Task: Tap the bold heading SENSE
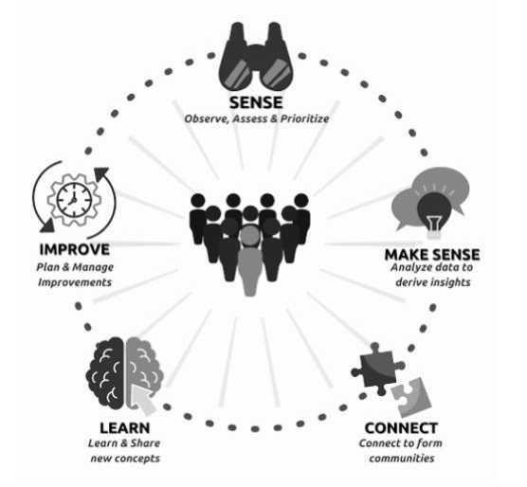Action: (x=256, y=102)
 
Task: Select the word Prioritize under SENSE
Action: (x=305, y=118)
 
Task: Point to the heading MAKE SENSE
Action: (x=432, y=255)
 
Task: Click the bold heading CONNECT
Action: (x=401, y=428)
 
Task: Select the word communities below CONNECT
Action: (x=402, y=459)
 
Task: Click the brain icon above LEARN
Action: (x=125, y=373)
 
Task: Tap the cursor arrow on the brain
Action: (x=142, y=399)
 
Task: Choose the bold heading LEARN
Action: (x=125, y=428)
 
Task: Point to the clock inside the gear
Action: (x=74, y=200)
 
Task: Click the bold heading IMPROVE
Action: (x=75, y=249)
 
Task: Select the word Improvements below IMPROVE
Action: (x=75, y=282)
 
